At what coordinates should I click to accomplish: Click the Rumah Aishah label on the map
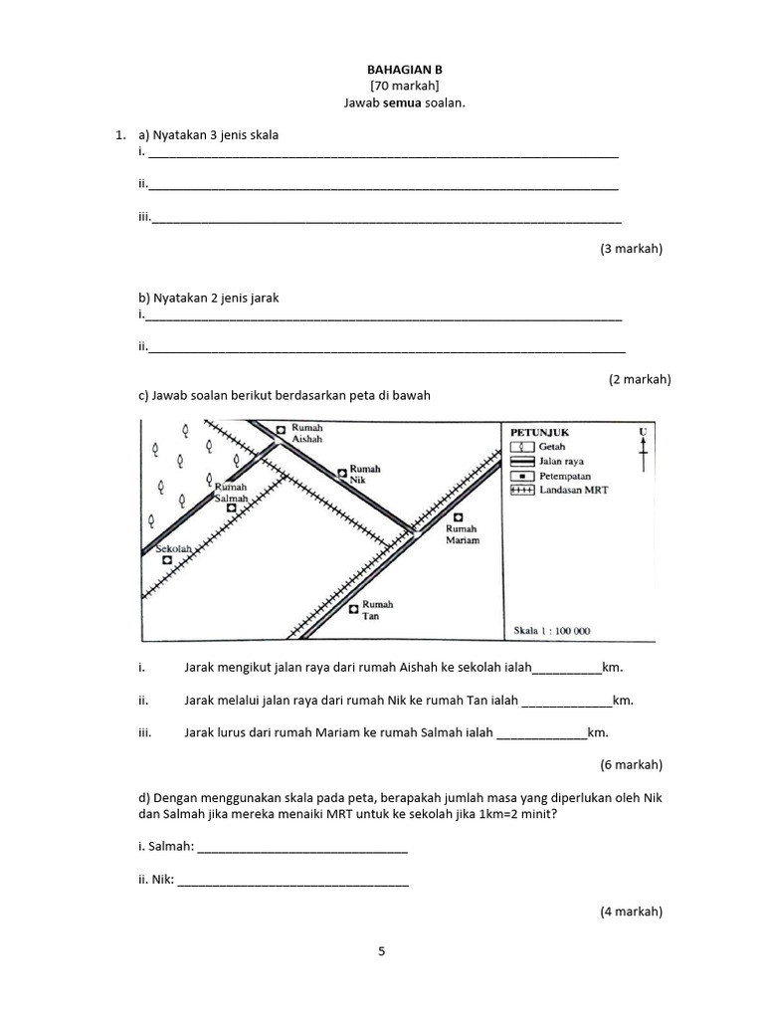coord(308,433)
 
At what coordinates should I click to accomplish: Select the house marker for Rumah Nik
coord(341,472)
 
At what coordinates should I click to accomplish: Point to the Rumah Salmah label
coord(231,493)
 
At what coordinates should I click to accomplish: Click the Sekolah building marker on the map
coord(167,560)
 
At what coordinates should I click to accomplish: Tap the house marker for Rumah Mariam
coord(459,516)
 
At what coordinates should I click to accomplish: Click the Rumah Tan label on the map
coord(377,610)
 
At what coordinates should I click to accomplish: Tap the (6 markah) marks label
coord(631,765)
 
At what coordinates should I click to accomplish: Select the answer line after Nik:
coord(292,882)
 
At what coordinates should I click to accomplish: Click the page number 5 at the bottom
coord(381,951)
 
